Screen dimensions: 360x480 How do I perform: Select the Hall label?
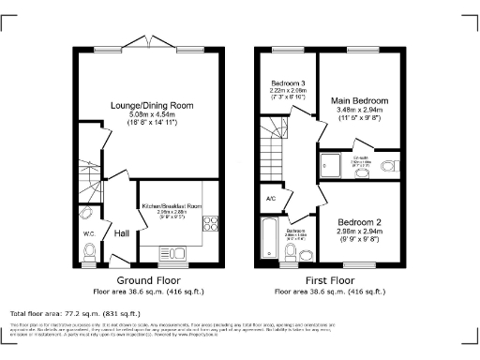(122, 233)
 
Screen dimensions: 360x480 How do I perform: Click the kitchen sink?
(174, 251)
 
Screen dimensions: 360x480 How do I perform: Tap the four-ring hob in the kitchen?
(208, 224)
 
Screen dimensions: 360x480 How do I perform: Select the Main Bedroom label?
(359, 99)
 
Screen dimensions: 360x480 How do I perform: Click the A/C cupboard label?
(270, 199)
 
